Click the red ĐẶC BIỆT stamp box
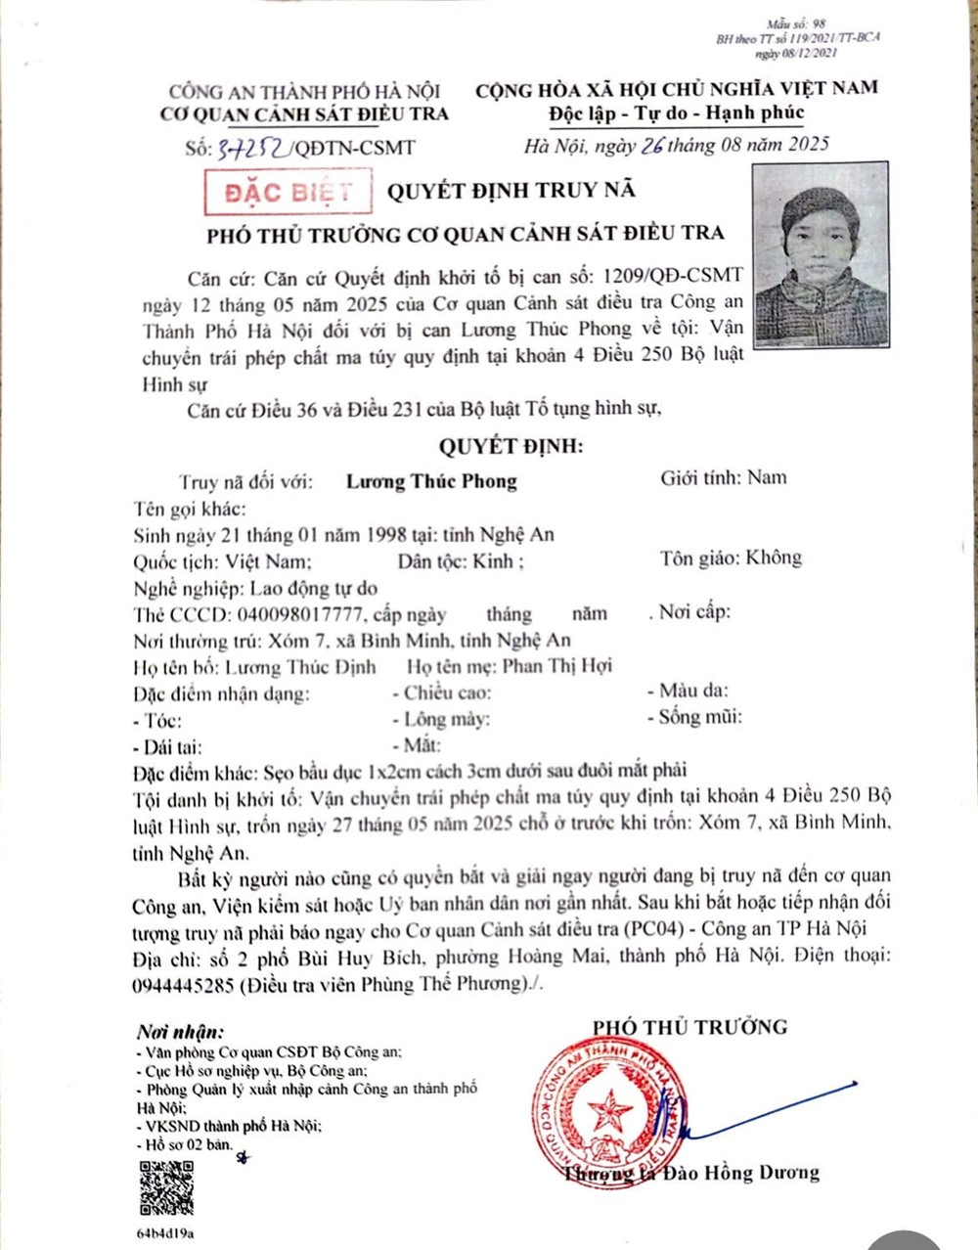[x=288, y=192]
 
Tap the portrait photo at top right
[x=821, y=255]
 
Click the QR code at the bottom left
[x=166, y=1186]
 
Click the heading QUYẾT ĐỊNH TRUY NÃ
[x=511, y=190]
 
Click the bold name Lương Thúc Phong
[x=431, y=480]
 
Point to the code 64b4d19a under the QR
[x=165, y=1233]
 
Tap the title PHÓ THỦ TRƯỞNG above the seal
[x=689, y=1027]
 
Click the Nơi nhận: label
[x=180, y=1032]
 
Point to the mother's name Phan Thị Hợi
[x=556, y=666]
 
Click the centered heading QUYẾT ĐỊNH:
[x=511, y=447]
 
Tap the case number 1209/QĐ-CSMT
[x=675, y=275]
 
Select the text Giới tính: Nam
[x=724, y=477]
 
